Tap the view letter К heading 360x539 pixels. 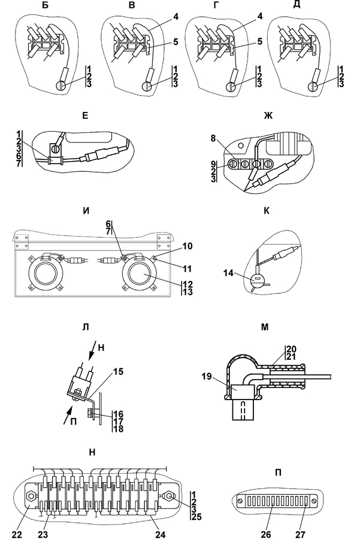(265, 211)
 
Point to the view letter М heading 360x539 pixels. (265, 327)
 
